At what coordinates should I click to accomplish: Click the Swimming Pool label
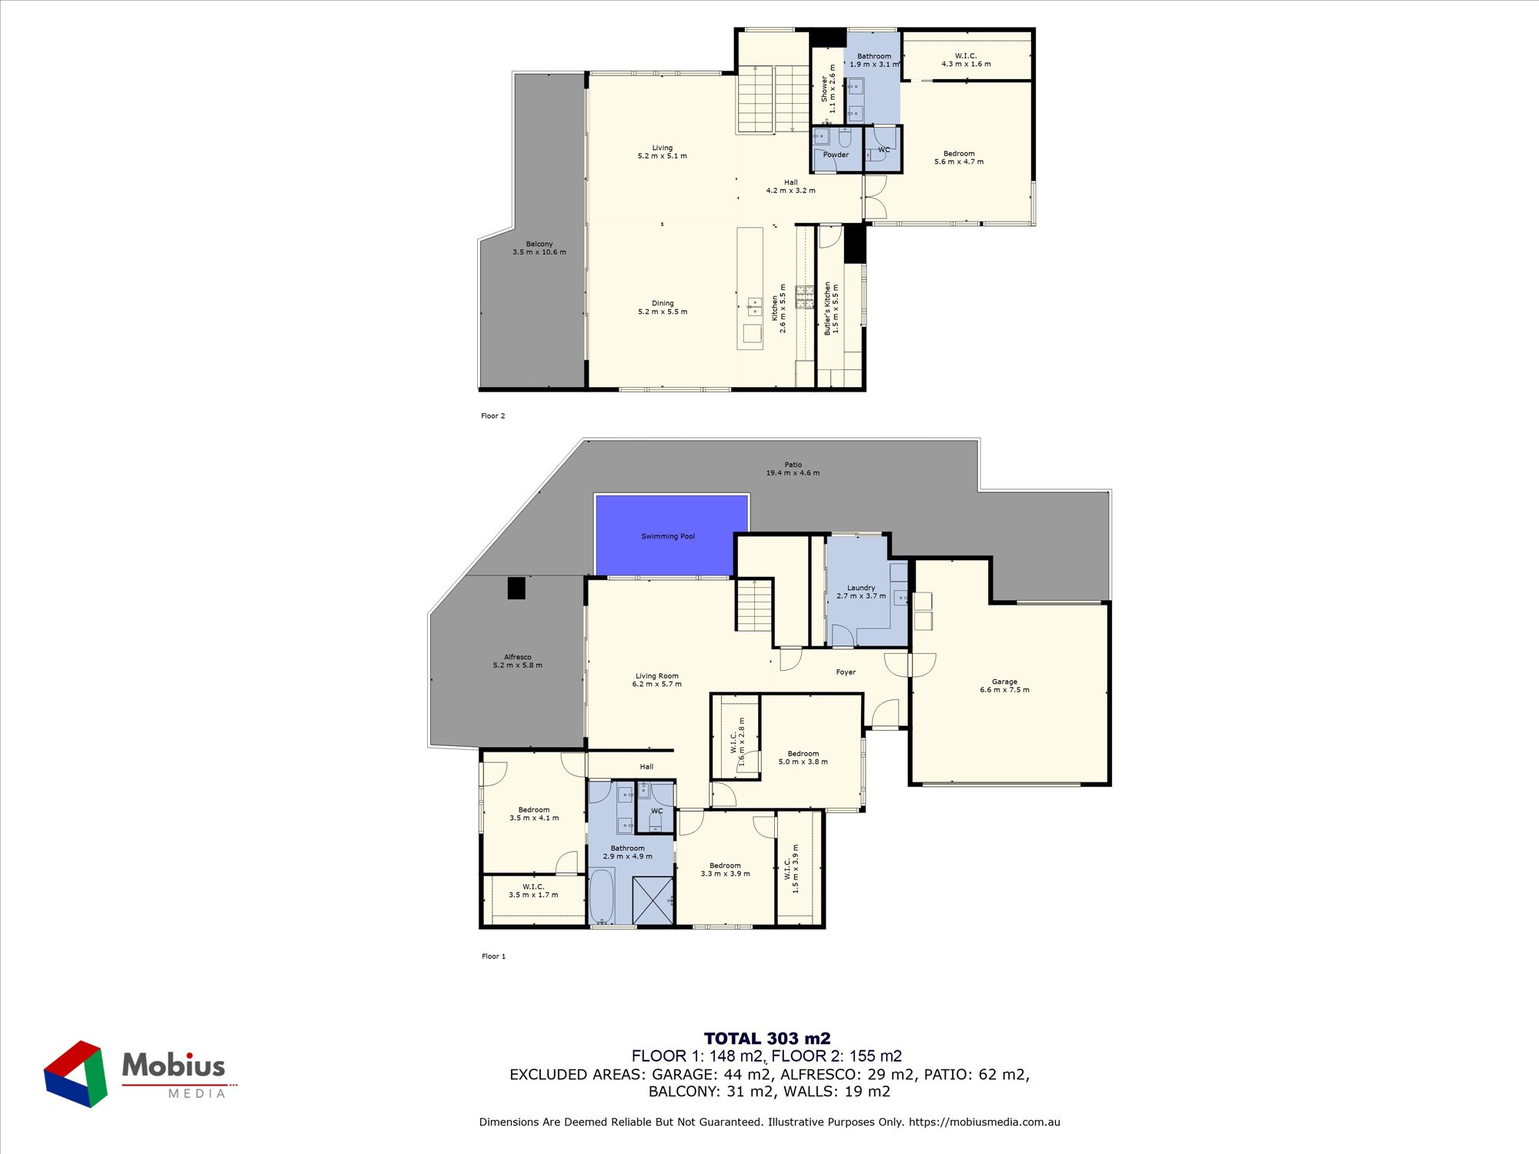click(x=668, y=536)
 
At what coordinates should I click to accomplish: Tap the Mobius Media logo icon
click(x=75, y=1074)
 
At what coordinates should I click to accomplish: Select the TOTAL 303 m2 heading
click(x=767, y=1039)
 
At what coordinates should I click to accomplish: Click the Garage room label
click(x=1004, y=685)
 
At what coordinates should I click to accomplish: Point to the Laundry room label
click(x=861, y=592)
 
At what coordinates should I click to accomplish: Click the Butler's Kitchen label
click(x=831, y=309)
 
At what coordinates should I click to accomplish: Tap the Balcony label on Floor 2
click(x=539, y=248)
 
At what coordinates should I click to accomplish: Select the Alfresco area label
click(x=518, y=661)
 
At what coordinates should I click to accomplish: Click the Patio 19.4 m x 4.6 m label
click(x=793, y=469)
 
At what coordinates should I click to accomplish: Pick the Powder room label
click(x=836, y=155)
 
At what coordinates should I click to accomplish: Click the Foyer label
click(x=846, y=672)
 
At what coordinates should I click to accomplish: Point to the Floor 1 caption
click(x=493, y=956)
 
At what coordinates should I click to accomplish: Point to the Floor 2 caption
click(x=493, y=416)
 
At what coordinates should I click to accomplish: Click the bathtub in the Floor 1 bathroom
click(x=602, y=896)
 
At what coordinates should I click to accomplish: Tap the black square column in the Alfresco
click(x=516, y=588)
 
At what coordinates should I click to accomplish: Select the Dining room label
click(x=663, y=308)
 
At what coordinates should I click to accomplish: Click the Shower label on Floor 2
click(x=828, y=89)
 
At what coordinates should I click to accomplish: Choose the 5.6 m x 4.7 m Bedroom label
click(x=959, y=158)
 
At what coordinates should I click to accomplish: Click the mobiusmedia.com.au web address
click(x=984, y=1122)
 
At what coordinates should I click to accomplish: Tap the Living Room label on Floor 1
click(x=657, y=680)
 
